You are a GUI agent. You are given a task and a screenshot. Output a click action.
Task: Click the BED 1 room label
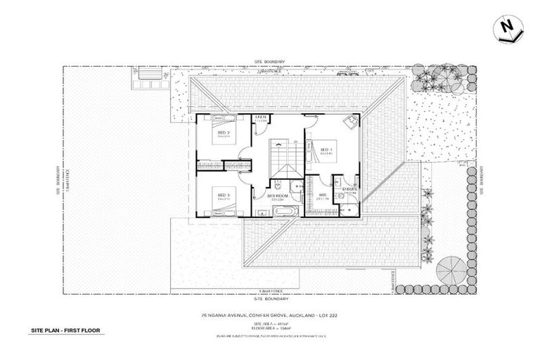coord(326,150)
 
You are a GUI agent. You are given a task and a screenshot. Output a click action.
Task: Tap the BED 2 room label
coord(223,133)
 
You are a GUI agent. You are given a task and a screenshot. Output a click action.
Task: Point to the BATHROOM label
coord(276,196)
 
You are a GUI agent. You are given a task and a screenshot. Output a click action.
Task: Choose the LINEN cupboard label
coord(260,117)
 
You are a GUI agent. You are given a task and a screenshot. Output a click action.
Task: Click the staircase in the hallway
coord(285,159)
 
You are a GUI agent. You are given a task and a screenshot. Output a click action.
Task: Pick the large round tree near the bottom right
coord(450,271)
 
